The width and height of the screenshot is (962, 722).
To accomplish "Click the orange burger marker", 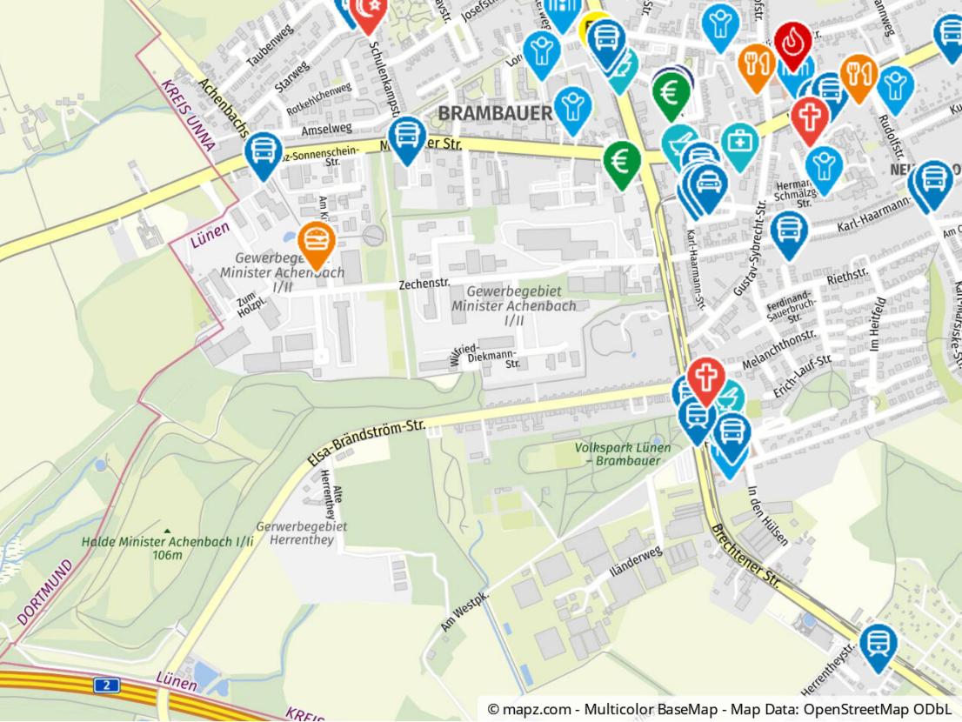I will pyautogui.click(x=314, y=242).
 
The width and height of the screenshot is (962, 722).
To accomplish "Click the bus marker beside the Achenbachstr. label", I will pyautogui.click(x=262, y=153).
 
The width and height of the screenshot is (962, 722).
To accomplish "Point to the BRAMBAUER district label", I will pyautogui.click(x=494, y=114).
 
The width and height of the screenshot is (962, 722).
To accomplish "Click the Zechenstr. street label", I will pyautogui.click(x=424, y=284).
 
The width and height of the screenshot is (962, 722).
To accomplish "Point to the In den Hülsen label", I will pyautogui.click(x=766, y=515).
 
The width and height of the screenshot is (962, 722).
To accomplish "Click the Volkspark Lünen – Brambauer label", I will pyautogui.click(x=622, y=453).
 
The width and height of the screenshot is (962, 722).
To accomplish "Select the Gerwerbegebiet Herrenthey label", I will pyautogui.click(x=302, y=533).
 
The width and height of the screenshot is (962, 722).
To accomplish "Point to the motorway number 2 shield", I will pyautogui.click(x=106, y=685).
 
